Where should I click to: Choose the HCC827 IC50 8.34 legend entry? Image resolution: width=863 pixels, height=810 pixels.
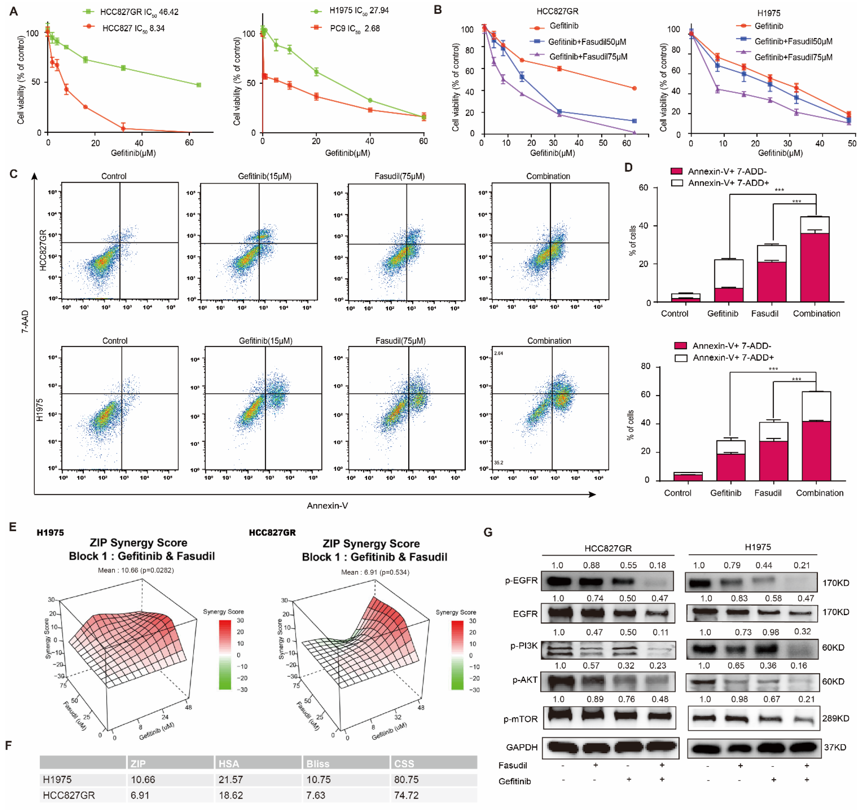click(x=133, y=28)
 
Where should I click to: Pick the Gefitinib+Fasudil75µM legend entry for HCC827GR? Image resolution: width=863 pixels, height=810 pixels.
click(x=588, y=56)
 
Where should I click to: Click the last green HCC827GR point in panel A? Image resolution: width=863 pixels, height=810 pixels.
click(x=198, y=85)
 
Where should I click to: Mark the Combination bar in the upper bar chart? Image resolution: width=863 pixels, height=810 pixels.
click(x=815, y=259)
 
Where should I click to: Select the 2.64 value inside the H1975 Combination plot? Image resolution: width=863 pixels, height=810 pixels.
click(x=498, y=353)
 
